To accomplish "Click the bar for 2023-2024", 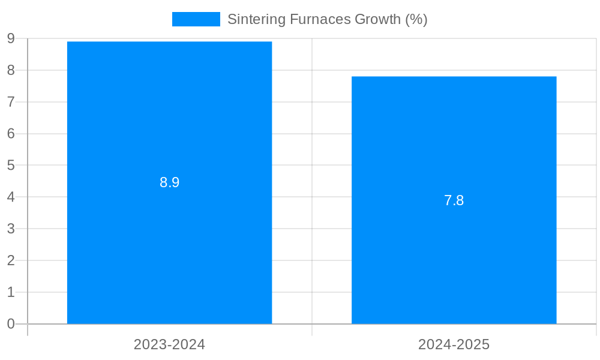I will [x=169, y=240].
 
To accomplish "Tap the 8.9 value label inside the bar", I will [x=169, y=182].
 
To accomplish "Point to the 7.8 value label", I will [x=454, y=200].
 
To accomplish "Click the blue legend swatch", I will [x=196, y=19].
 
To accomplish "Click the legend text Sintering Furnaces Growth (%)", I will [x=327, y=19].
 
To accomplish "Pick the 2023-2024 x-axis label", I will [x=169, y=344].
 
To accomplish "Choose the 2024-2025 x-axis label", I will [x=454, y=344].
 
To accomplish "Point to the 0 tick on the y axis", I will [x=11, y=324].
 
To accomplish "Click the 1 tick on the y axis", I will [x=11, y=292].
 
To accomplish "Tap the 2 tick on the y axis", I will [x=11, y=260].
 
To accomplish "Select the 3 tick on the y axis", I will [x=11, y=229].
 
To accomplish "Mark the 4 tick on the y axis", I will [x=11, y=197].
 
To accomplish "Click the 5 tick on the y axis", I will [x=11, y=165].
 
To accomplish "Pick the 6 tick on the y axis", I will [x=11, y=134].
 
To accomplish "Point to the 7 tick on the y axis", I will [x=11, y=102].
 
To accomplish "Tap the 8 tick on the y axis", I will [x=11, y=70].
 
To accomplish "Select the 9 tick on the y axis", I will [x=11, y=38].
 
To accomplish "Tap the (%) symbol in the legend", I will [x=416, y=19].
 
